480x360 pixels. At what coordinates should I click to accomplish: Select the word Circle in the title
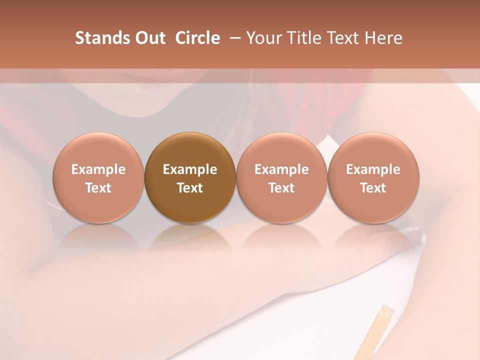pyautogui.click(x=197, y=38)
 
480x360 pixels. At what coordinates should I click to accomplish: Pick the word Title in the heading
pyautogui.click(x=303, y=38)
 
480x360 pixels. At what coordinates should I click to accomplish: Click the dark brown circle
pyautogui.click(x=190, y=178)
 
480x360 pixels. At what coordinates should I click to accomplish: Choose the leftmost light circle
pyautogui.click(x=98, y=178)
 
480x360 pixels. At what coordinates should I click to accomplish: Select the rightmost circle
pyautogui.click(x=373, y=178)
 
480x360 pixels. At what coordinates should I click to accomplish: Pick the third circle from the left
pyautogui.click(x=281, y=178)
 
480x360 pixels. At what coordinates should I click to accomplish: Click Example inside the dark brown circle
pyautogui.click(x=190, y=169)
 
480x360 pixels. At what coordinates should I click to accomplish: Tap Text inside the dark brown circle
pyautogui.click(x=190, y=188)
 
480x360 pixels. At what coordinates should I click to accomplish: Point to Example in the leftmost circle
pyautogui.click(x=98, y=169)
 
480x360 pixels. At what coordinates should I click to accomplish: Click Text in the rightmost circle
pyautogui.click(x=373, y=188)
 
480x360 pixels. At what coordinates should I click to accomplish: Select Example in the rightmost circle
pyautogui.click(x=373, y=169)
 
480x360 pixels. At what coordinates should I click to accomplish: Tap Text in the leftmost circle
pyautogui.click(x=98, y=188)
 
